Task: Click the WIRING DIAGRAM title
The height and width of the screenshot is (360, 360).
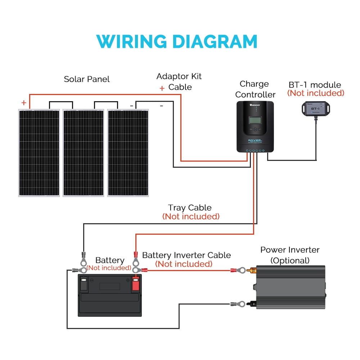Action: click(x=177, y=41)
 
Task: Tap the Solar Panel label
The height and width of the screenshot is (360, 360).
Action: click(x=87, y=79)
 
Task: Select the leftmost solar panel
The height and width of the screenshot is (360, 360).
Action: click(x=39, y=153)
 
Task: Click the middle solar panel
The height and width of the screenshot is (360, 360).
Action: click(x=84, y=153)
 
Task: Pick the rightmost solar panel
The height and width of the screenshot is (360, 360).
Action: click(x=128, y=153)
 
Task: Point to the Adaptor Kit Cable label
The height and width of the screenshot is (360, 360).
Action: click(x=179, y=82)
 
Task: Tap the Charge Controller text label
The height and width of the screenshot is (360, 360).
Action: click(x=255, y=89)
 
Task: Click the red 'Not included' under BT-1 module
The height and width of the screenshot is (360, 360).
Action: click(x=315, y=93)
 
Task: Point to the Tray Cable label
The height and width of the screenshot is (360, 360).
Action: click(x=190, y=208)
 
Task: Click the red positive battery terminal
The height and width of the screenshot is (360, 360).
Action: click(x=135, y=283)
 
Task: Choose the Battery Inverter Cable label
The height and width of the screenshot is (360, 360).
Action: click(x=186, y=255)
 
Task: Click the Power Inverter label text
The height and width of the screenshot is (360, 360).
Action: click(x=290, y=250)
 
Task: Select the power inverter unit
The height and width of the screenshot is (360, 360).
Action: click(x=290, y=287)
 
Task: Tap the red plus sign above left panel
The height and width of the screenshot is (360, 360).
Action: click(x=24, y=103)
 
